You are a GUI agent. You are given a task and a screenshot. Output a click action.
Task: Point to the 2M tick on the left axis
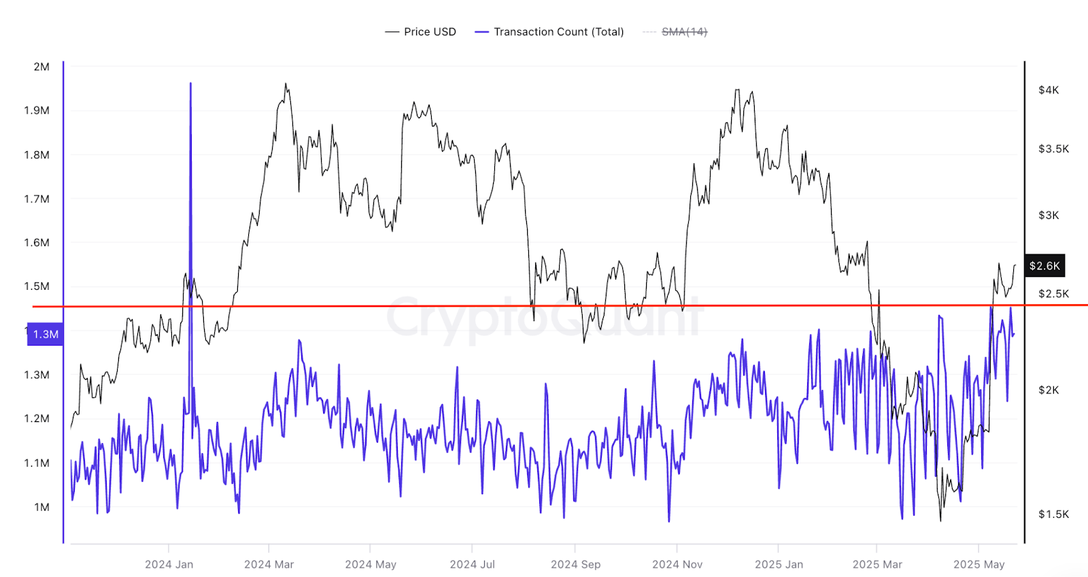pos(41,67)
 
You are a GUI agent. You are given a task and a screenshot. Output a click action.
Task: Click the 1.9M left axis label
pos(37,110)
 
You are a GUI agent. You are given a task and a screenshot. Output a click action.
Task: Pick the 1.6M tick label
pos(37,242)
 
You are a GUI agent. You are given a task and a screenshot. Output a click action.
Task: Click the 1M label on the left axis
pos(41,507)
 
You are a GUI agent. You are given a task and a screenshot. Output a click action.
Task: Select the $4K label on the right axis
pos(1049,90)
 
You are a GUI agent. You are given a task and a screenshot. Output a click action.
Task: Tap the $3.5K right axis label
pos(1053,148)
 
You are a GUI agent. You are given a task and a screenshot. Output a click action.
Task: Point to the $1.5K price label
pos(1053,514)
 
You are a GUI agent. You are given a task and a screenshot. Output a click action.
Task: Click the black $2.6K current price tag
pos(1044,265)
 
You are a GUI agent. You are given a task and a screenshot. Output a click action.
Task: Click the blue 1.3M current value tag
pos(46,334)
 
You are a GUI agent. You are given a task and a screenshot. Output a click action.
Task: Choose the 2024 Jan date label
pos(169,564)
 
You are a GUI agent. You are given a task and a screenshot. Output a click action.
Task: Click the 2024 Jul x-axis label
pos(472,564)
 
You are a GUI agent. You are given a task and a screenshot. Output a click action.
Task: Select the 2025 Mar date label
pos(877,564)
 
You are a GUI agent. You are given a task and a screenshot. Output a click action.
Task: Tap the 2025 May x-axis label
pos(979,564)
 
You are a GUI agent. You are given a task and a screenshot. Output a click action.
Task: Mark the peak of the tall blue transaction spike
pos(190,84)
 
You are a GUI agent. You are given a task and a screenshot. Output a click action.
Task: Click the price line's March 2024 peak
pos(286,84)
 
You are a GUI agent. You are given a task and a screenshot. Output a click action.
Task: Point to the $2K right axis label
pos(1049,390)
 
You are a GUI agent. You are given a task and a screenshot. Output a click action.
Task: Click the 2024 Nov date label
pos(677,564)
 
